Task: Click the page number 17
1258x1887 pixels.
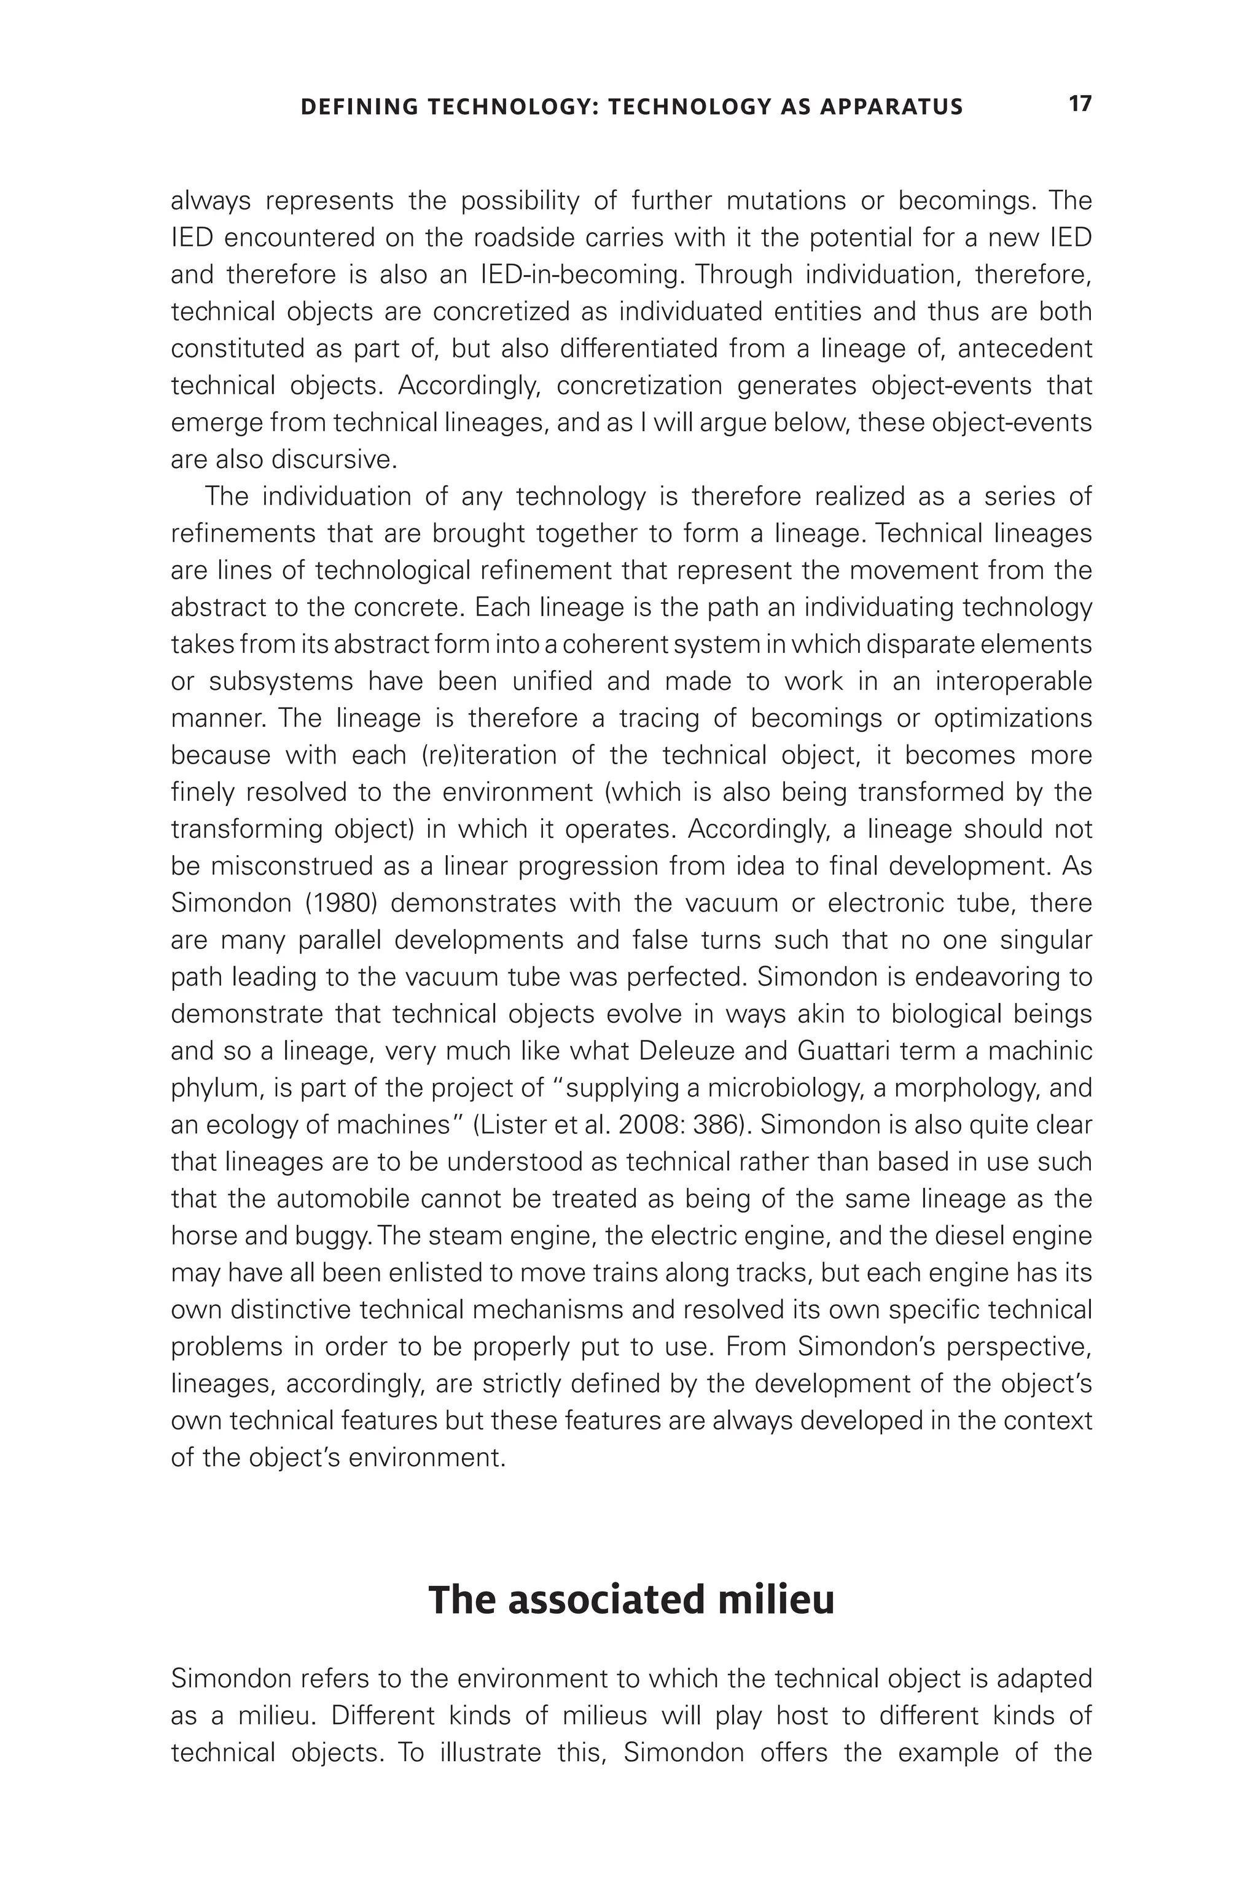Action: pos(1080,104)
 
